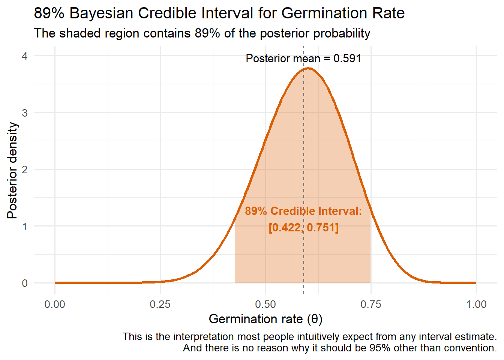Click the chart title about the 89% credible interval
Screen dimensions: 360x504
click(219, 13)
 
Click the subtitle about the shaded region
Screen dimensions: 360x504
click(202, 33)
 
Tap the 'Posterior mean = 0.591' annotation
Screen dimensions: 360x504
click(303, 58)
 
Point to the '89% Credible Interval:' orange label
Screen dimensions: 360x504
click(303, 211)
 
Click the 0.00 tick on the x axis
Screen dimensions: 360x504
click(55, 304)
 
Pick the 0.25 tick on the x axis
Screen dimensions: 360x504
click(160, 304)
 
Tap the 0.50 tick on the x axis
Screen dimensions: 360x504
click(265, 304)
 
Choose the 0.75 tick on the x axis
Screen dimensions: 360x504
click(371, 304)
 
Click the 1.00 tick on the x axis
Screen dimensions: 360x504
click(476, 304)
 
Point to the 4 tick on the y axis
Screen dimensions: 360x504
click(25, 56)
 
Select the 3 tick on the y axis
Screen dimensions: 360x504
click(25, 112)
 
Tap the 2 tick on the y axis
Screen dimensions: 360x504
click(25, 169)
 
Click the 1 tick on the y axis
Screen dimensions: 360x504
click(25, 226)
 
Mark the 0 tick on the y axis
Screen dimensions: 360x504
click(25, 283)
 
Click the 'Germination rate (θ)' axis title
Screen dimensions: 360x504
click(265, 319)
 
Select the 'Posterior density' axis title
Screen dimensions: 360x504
click(12, 170)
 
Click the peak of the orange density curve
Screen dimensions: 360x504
click(308, 68)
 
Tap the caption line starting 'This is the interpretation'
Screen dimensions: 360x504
click(309, 337)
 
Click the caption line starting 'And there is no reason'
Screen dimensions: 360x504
click(340, 348)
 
